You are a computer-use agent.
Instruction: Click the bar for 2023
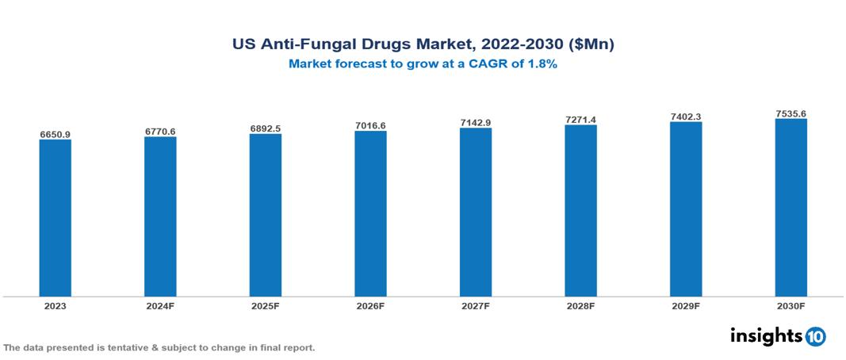tap(56, 218)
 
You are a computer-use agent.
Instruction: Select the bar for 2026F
tap(370, 213)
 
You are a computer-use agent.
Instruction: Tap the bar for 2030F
tap(790, 208)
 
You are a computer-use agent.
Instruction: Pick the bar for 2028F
tap(580, 210)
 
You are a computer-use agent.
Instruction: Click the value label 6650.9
tap(56, 135)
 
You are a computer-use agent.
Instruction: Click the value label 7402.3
tap(686, 117)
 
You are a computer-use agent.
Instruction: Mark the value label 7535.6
tap(790, 113)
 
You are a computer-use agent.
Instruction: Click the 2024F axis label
tap(160, 305)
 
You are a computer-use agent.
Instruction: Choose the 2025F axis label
tap(266, 305)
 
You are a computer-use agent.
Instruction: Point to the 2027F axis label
tap(476, 305)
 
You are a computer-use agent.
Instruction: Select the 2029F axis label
tap(686, 305)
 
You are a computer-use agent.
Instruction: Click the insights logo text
tap(766, 336)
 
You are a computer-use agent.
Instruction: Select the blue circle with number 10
tap(816, 337)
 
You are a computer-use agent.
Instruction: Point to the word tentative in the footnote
tap(138, 348)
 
